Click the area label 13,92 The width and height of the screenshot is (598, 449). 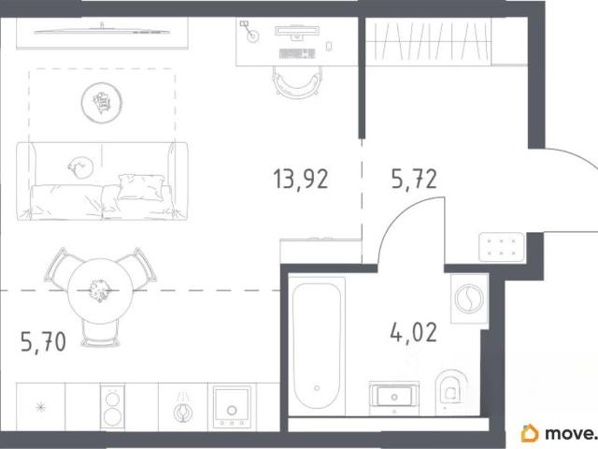[301, 179]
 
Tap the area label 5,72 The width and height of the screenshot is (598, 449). [414, 179]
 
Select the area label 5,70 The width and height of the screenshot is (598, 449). [44, 341]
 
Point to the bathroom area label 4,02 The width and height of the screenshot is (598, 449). [414, 332]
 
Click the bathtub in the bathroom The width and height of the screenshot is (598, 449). [317, 346]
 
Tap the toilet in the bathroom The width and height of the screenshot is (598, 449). [451, 392]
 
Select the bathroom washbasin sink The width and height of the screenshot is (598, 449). [394, 398]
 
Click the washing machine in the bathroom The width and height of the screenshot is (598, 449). [469, 298]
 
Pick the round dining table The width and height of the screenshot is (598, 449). [100, 291]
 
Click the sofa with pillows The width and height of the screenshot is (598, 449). [102, 181]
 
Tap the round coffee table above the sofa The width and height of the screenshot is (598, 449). [102, 103]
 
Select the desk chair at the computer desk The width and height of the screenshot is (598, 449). [296, 82]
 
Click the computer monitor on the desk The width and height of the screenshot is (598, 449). [296, 32]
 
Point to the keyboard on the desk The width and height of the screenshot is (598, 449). [297, 54]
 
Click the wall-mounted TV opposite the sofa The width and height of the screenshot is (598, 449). [102, 31]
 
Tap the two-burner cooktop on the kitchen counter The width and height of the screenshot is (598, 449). [112, 407]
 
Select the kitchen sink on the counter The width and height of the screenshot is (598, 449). [232, 407]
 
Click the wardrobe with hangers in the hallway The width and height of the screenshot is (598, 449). [428, 41]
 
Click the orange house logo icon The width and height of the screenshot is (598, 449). [530, 433]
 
